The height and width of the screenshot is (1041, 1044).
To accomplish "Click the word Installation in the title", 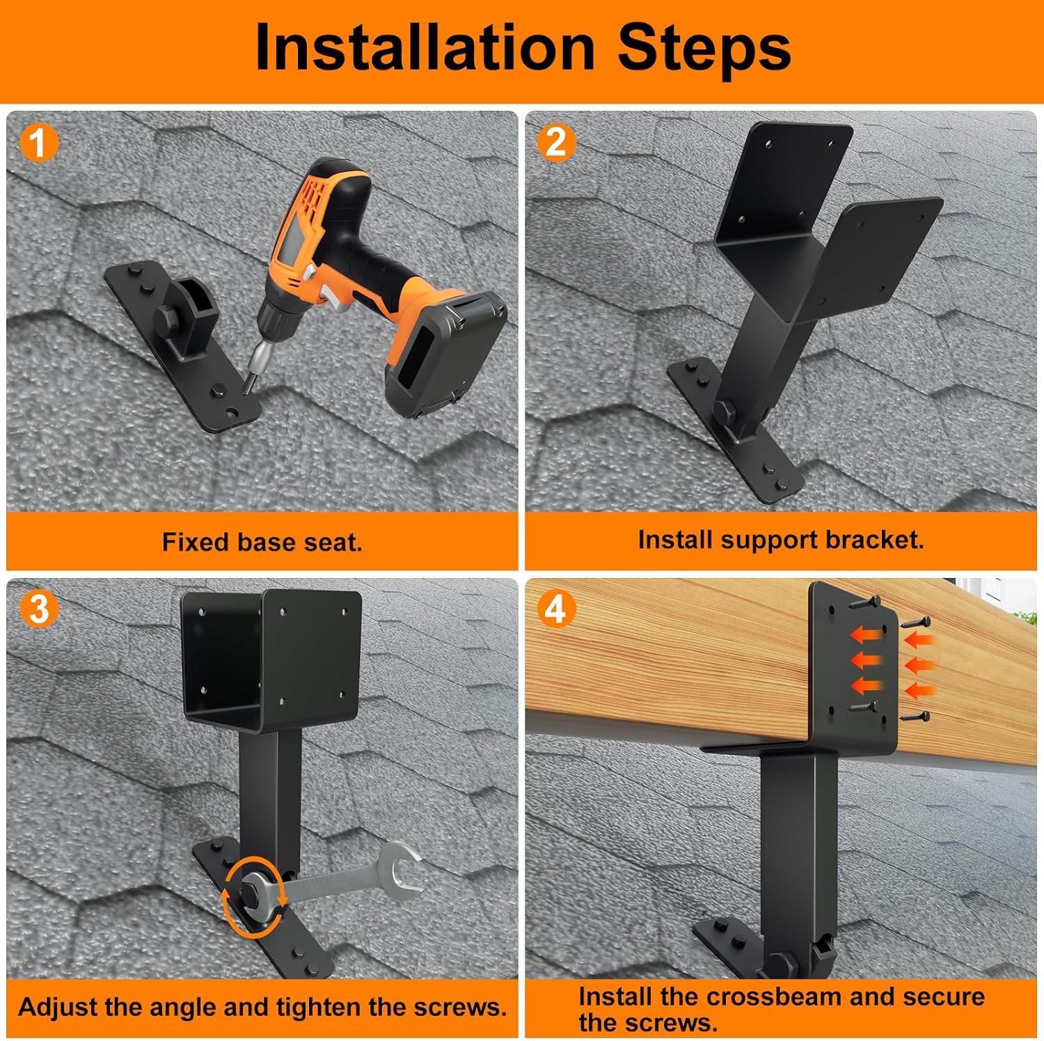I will [x=425, y=47].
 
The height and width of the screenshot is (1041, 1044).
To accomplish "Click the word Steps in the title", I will [x=704, y=47].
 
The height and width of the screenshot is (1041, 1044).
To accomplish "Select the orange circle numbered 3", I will [x=38, y=609].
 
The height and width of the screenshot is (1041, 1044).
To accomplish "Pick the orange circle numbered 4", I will [x=555, y=609].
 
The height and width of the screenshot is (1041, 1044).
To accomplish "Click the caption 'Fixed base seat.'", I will [x=262, y=542].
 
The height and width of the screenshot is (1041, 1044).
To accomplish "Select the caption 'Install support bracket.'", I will [x=780, y=540].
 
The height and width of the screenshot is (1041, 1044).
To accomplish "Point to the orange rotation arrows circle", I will [x=252, y=898].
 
